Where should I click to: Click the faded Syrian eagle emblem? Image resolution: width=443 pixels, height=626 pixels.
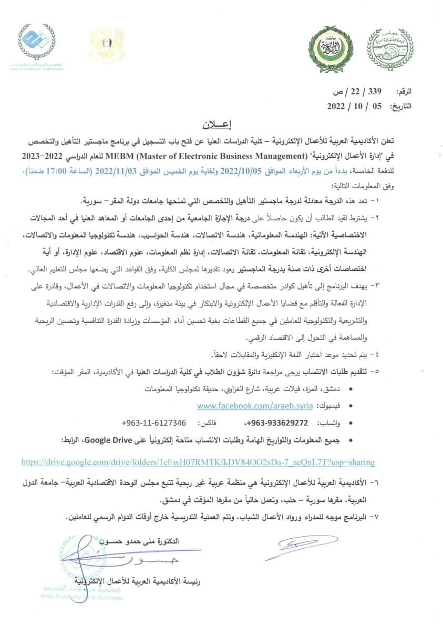(x=107, y=45)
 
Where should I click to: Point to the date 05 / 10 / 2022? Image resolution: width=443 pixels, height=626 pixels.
(x=357, y=106)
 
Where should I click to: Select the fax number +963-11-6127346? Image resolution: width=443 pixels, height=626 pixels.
(x=153, y=423)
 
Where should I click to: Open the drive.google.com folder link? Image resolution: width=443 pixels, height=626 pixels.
(x=198, y=463)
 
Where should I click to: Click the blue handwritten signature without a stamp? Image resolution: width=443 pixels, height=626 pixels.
(x=301, y=548)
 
